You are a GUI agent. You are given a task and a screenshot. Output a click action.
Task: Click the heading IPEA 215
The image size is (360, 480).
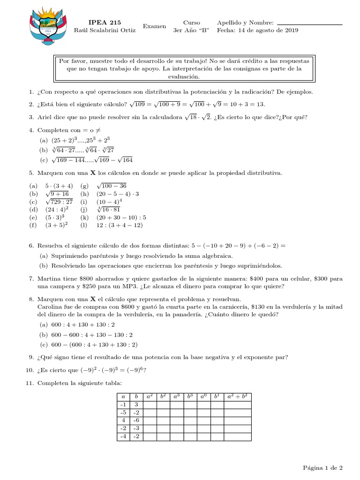(105, 22)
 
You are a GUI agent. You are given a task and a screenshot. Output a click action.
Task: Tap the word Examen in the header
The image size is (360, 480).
(154, 26)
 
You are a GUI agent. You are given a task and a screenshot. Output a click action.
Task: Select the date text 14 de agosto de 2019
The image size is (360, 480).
(268, 30)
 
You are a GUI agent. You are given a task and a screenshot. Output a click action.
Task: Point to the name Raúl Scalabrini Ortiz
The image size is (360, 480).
(105, 30)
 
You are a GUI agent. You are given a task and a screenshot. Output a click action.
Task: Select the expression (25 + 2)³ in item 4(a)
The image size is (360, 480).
(66, 140)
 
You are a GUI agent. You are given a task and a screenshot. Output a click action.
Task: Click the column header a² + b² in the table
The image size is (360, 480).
(238, 397)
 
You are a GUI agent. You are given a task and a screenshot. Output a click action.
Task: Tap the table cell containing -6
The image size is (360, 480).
(136, 420)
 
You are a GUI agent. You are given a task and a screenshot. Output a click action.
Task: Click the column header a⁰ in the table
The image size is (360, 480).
(203, 397)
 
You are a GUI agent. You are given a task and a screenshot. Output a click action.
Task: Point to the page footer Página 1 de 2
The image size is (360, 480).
(322, 467)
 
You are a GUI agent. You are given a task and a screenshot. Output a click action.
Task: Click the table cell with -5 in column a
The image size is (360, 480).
(123, 412)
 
